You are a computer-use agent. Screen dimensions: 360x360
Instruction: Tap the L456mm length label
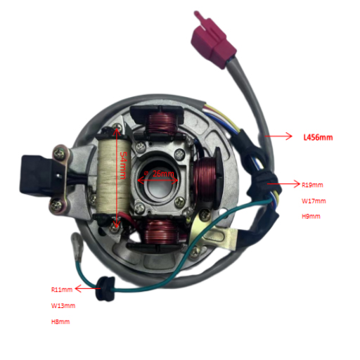[x=318, y=137]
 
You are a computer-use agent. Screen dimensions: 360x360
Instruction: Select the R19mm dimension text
[x=312, y=185]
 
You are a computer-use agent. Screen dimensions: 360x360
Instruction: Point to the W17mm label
[x=314, y=201]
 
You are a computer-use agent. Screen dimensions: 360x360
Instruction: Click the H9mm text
[x=311, y=216]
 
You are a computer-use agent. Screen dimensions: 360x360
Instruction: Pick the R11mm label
[x=62, y=290]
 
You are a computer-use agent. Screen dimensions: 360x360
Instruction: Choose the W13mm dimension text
[x=63, y=306]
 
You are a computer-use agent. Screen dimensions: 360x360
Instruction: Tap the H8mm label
[x=60, y=321]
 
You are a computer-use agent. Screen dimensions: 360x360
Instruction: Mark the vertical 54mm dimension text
[x=123, y=165]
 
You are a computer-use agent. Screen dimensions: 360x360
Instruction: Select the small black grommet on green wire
[x=105, y=289]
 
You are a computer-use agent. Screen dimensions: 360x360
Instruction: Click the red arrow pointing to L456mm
[x=278, y=136]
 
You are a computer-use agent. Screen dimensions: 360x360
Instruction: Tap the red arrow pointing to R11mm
[x=87, y=288]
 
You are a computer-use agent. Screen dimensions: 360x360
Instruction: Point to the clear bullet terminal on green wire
[x=77, y=244]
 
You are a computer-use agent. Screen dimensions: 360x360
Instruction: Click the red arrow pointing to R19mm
[x=283, y=184]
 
